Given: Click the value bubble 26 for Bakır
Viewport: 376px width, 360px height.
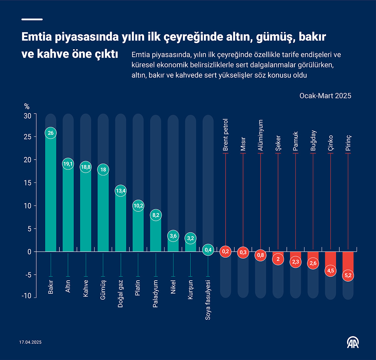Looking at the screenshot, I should (51, 133).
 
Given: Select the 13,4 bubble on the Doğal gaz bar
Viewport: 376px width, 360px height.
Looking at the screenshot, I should (121, 191).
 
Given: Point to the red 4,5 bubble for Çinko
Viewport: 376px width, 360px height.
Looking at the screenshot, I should (331, 271).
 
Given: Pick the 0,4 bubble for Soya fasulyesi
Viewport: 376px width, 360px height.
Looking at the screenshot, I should (208, 250).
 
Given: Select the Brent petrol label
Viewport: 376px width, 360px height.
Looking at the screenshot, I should (226, 135).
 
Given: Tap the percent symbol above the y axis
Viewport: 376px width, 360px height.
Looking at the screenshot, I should (27, 107).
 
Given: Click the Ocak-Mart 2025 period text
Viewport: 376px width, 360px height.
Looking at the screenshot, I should (325, 96).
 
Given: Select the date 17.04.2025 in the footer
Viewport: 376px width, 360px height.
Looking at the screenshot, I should (30, 342).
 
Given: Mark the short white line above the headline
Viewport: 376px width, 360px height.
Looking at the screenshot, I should (32, 19).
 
